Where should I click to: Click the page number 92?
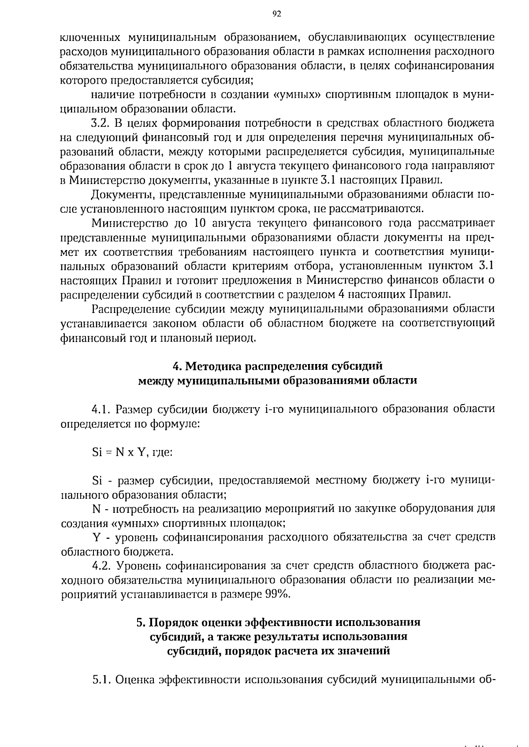click(276, 14)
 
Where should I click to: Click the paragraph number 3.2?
click(100, 123)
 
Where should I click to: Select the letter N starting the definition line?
click(97, 509)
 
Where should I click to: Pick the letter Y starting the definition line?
click(96, 537)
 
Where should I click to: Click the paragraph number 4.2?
click(101, 566)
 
